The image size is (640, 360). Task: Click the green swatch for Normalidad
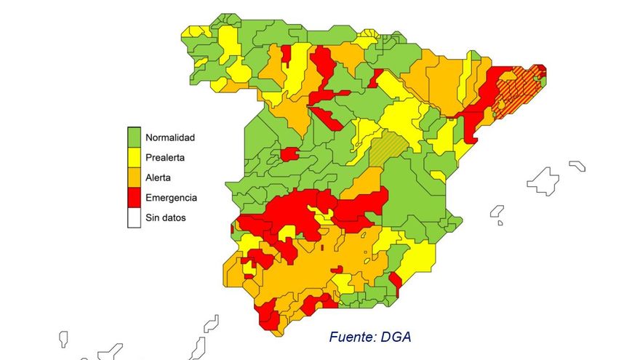coord(134,137)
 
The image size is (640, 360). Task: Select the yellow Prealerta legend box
coord(134,156)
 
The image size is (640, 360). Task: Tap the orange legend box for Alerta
coord(134,177)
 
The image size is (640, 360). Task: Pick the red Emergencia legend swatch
coord(134,197)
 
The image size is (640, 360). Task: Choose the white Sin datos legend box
coord(134,217)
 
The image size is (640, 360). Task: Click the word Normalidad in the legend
coord(170,137)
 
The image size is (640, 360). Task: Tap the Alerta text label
coord(159,177)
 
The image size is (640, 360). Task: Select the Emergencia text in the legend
coord(172,197)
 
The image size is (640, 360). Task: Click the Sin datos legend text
coord(166,217)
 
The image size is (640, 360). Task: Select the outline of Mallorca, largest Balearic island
coord(543,180)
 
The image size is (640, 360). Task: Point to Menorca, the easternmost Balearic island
coord(577,166)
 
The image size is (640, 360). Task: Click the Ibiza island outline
coord(497,212)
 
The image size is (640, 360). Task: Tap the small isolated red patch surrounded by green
coord(289,153)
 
